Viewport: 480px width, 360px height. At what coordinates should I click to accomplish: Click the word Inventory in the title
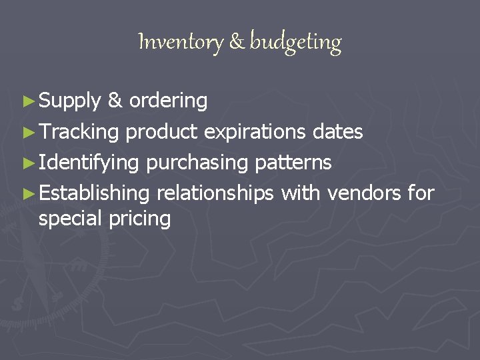[181, 43]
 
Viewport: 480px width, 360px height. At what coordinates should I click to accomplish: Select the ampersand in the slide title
[237, 43]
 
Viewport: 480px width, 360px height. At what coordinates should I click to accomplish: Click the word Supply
[70, 102]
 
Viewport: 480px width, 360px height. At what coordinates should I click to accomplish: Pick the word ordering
[169, 102]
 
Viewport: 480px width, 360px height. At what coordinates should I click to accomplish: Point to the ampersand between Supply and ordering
[115, 101]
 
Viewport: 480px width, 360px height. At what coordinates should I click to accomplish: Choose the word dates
[338, 132]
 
